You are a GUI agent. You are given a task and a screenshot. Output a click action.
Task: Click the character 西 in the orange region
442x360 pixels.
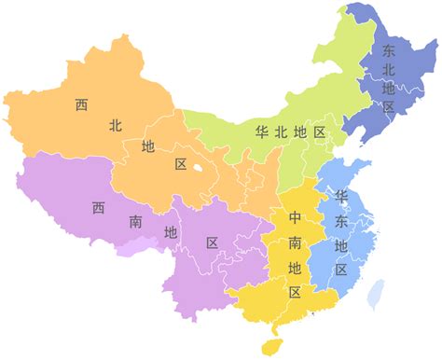[81, 104]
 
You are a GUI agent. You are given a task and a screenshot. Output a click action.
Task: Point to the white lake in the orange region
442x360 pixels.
[199, 170]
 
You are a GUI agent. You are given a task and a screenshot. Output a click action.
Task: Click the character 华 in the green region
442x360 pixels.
[261, 132]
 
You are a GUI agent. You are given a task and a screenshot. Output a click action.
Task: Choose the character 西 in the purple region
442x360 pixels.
[98, 207]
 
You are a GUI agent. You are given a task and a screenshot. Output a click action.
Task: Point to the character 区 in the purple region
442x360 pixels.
[212, 243]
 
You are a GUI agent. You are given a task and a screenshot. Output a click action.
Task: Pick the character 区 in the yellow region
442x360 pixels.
[295, 292]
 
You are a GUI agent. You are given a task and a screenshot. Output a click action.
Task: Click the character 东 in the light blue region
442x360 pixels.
[341, 221]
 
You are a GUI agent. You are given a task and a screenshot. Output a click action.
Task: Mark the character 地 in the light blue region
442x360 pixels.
[341, 245]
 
